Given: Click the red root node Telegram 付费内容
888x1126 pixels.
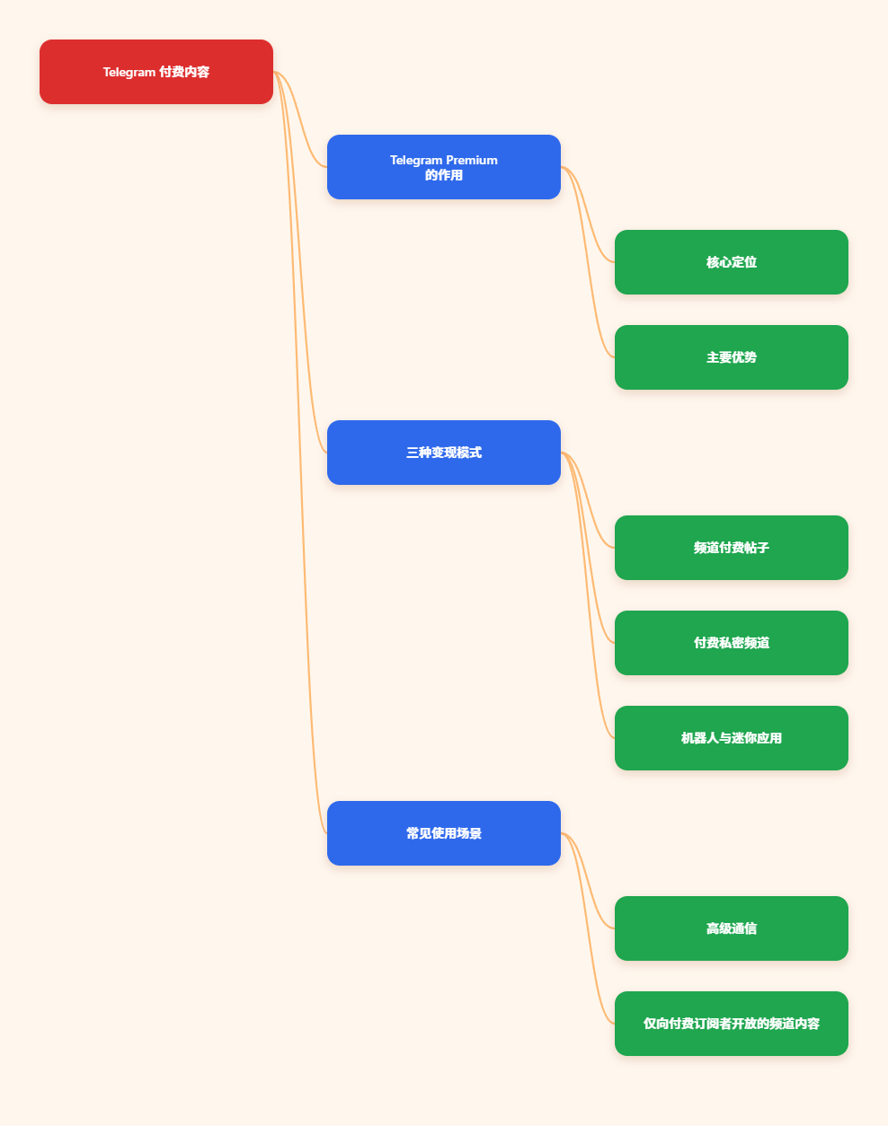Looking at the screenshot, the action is (x=156, y=72).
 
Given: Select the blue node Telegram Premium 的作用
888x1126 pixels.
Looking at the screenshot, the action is (x=444, y=167).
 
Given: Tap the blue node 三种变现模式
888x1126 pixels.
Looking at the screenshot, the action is (x=444, y=453).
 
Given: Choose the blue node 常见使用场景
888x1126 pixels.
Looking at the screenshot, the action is (x=444, y=833).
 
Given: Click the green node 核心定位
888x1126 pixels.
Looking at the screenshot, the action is (x=732, y=262).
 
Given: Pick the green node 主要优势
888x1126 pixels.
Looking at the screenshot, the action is (x=732, y=357).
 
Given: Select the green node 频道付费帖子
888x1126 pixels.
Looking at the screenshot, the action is (x=732, y=548).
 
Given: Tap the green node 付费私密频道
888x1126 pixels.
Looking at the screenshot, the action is (x=732, y=643).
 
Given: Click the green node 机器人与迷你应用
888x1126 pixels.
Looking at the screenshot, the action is (x=732, y=738).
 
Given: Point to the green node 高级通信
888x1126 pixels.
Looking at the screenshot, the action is (x=732, y=928).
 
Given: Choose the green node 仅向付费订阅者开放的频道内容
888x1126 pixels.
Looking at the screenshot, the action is (x=732, y=1024).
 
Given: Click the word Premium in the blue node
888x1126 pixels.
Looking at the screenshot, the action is (x=472, y=160).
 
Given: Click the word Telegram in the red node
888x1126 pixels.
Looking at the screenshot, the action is (x=129, y=72).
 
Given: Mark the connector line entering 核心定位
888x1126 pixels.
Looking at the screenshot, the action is (x=588, y=215).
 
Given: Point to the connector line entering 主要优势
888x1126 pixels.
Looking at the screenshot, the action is (x=588, y=262).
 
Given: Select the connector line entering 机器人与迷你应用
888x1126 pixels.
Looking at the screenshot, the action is (x=588, y=595).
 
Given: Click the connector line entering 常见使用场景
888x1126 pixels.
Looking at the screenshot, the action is (x=300, y=453).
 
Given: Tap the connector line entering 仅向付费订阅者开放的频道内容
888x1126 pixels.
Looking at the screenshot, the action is (x=588, y=928).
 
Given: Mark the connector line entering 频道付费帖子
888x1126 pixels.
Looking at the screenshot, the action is (x=588, y=500).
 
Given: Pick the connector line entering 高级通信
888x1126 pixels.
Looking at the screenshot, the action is (x=588, y=881).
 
